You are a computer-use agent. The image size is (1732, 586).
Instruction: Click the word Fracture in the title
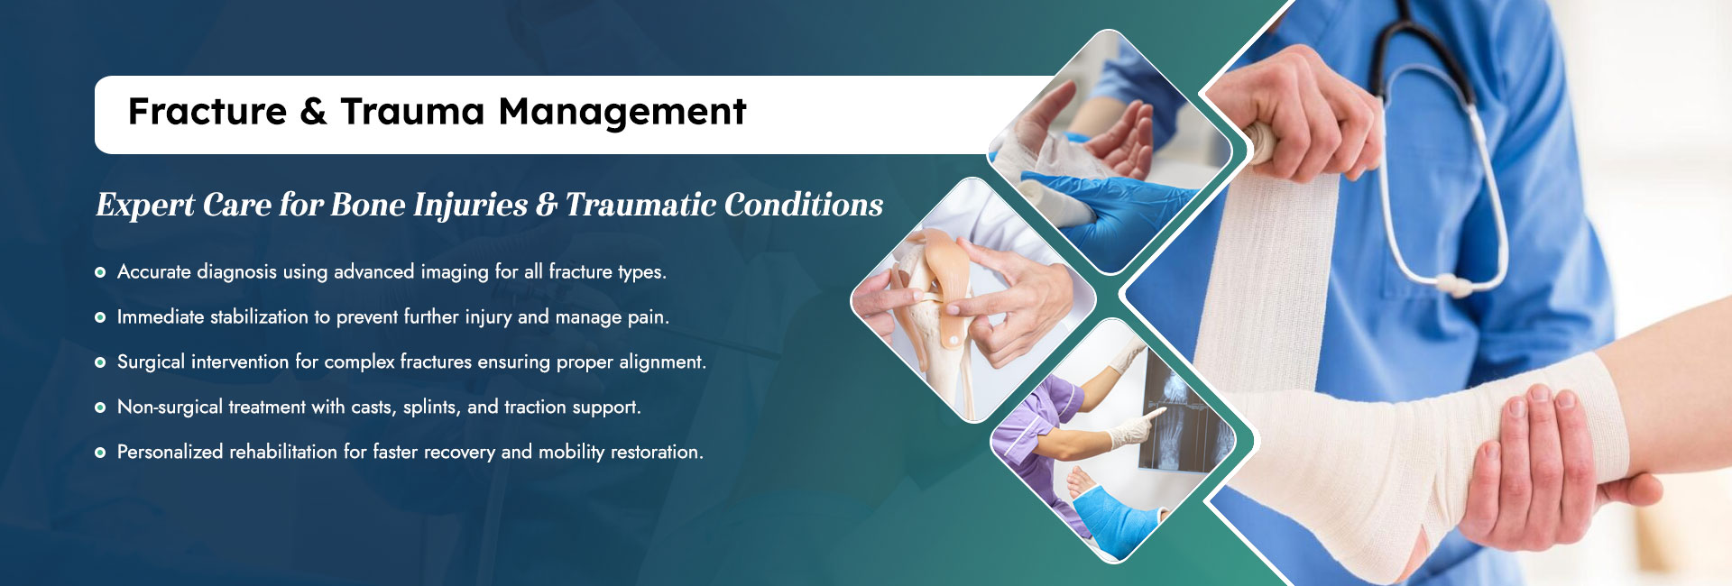[207, 112]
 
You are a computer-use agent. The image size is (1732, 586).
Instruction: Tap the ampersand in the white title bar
[313, 112]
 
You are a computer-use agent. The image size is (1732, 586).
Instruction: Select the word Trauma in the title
[412, 112]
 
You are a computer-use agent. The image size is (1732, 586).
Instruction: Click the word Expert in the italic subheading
[145, 206]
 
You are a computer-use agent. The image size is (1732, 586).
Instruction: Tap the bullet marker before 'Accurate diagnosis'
[100, 272]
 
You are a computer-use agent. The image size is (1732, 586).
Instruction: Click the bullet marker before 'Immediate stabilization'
[100, 317]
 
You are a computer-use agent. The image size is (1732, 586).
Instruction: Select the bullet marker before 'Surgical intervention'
[100, 362]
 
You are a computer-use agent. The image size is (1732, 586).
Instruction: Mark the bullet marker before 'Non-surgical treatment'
[100, 407]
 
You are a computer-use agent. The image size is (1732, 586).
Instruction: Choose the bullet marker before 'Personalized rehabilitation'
[100, 453]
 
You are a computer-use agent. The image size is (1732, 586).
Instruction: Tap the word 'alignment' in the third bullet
[663, 362]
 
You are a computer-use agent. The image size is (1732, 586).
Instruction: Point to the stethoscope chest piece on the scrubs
[1452, 285]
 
